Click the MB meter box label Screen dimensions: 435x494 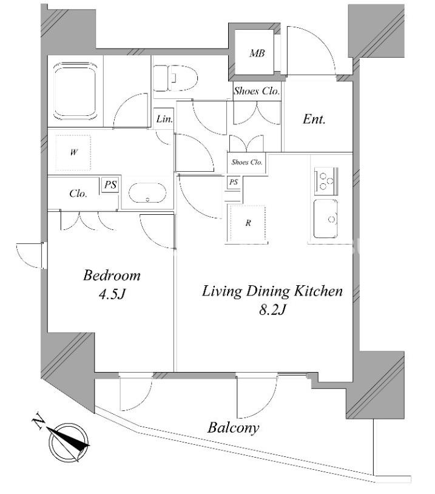click(x=257, y=53)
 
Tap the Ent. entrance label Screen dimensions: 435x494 click(x=314, y=119)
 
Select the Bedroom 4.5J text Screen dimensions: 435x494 click(x=112, y=285)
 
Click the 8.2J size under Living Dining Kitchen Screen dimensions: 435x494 click(x=272, y=310)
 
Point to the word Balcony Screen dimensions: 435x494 click(x=233, y=428)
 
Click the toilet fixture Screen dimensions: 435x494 click(x=175, y=78)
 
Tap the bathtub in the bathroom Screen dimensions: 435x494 click(x=75, y=92)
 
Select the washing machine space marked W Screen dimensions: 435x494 click(x=73, y=153)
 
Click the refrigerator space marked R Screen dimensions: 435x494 click(x=248, y=223)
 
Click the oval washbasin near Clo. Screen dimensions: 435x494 click(x=147, y=193)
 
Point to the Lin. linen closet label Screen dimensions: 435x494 click(x=164, y=119)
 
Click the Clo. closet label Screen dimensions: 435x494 click(x=78, y=193)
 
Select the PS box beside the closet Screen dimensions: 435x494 click(x=110, y=184)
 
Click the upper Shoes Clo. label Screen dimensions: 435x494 click(x=257, y=91)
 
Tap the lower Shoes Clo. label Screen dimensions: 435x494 click(x=247, y=162)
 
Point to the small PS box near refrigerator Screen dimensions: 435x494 click(x=234, y=182)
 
